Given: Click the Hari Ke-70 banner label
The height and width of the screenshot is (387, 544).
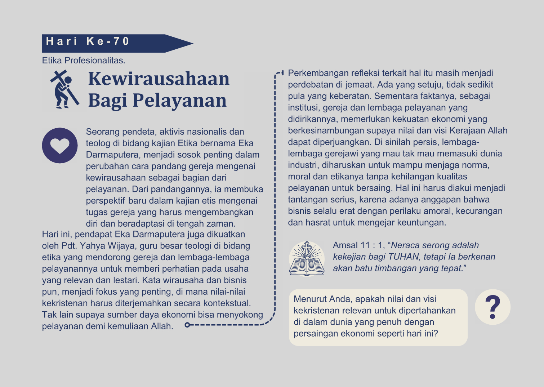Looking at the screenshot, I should [x=88, y=41].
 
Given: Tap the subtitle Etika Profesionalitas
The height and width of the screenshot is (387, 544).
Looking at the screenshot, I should [x=84, y=60].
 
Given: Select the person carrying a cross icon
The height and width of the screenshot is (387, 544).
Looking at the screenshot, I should [x=64, y=89].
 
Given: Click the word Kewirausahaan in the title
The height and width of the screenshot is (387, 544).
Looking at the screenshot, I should [x=159, y=79].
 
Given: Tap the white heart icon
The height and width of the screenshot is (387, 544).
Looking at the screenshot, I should [x=60, y=146].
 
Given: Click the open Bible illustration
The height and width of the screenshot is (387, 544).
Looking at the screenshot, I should [x=307, y=259].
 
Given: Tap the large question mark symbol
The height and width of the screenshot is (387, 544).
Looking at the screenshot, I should [x=492, y=307].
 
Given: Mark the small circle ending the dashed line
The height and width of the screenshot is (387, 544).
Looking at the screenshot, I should [x=187, y=325].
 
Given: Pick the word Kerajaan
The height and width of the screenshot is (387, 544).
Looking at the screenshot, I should [x=467, y=130].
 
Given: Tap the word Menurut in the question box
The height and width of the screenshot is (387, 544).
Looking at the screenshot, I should [x=310, y=299].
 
